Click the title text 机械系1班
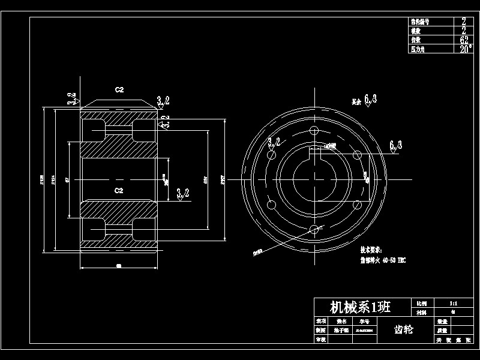[x=360, y=307]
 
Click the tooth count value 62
[x=464, y=40]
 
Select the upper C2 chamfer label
[x=119, y=89]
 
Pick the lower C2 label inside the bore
[x=119, y=190]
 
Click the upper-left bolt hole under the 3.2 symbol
[x=272, y=155]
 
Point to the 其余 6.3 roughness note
[x=364, y=100]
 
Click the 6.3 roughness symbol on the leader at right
[x=395, y=145]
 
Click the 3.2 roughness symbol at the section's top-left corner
[x=71, y=98]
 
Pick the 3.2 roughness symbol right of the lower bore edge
[x=183, y=193]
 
